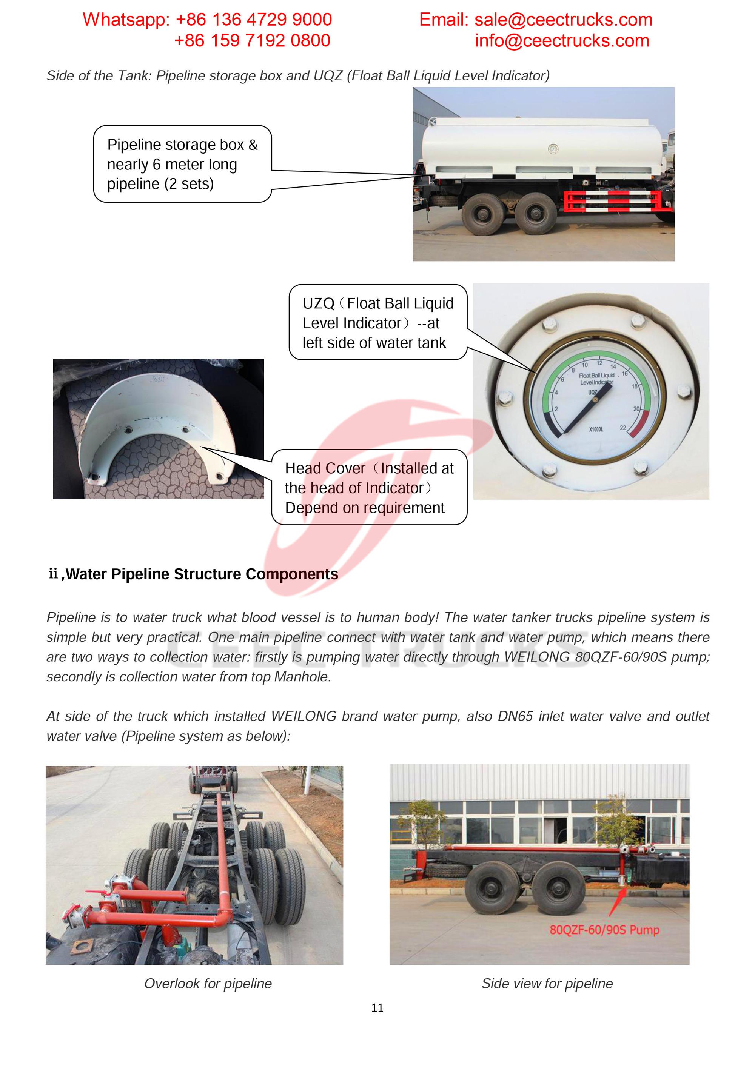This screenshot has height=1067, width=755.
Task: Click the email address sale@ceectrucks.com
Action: (563, 20)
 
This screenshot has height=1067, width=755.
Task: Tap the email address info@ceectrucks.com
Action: (562, 41)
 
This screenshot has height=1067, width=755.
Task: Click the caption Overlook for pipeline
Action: (208, 983)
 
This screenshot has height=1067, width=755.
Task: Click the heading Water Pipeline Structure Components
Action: (202, 574)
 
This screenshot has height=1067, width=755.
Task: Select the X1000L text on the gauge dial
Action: (596, 430)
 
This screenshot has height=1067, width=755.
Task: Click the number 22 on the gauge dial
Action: (622, 428)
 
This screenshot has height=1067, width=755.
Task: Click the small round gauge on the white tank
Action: (553, 149)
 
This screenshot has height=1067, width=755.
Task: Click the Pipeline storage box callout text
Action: (182, 164)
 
